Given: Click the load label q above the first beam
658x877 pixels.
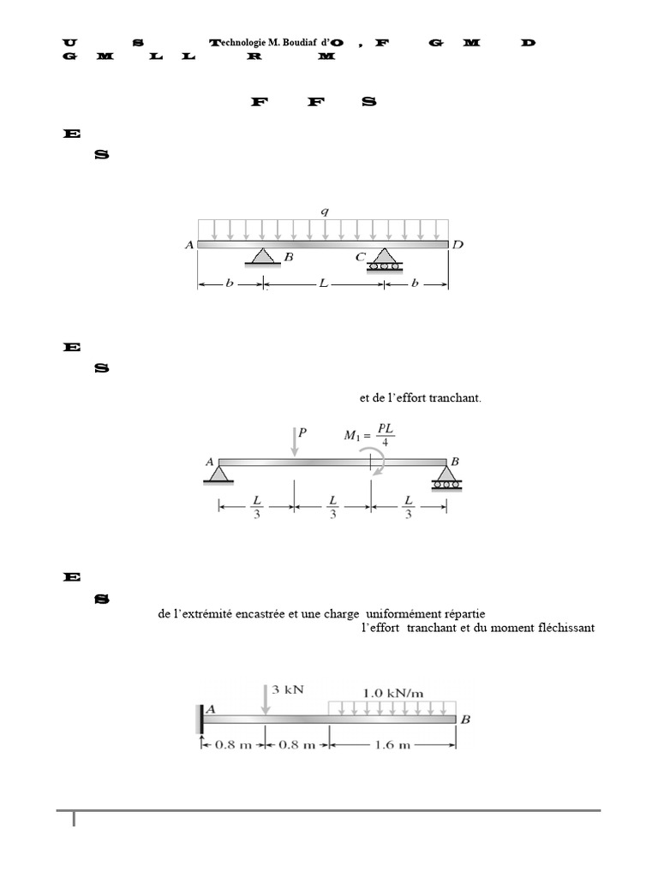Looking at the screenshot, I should [325, 209].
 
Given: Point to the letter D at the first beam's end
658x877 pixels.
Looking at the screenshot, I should [458, 245].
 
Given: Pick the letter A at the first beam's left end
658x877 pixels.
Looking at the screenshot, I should [189, 245].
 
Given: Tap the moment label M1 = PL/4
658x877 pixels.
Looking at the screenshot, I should [369, 435].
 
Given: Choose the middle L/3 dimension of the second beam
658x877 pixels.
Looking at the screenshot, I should [332, 506].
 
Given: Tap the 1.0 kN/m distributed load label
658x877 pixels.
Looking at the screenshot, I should [392, 690].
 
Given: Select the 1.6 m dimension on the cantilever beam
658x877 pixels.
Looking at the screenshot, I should [392, 745].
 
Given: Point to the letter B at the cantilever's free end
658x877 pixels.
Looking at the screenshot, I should [466, 719].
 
